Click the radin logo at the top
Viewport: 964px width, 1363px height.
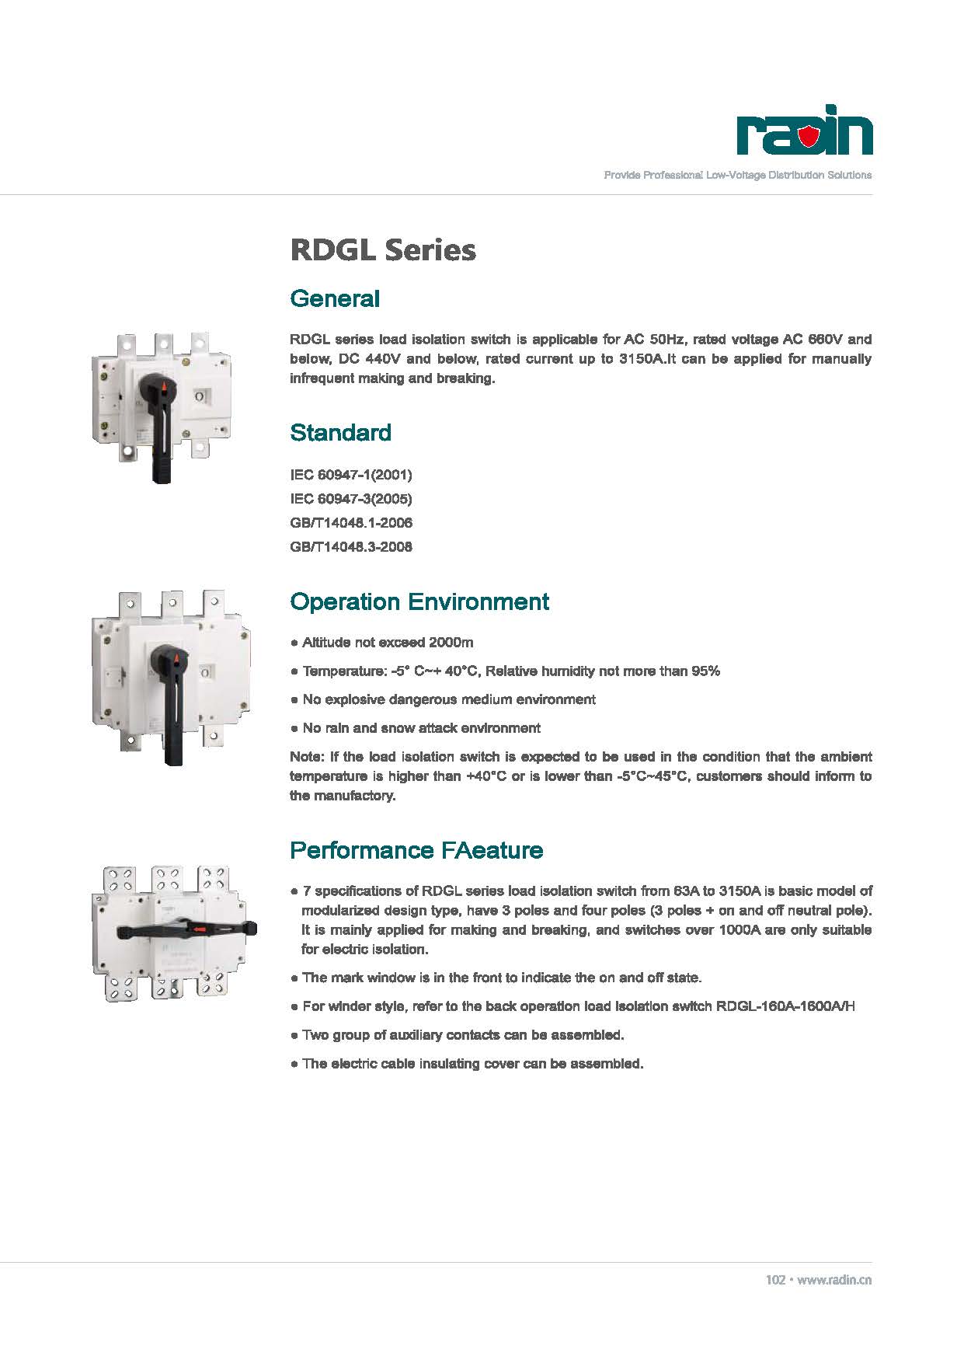point(805,130)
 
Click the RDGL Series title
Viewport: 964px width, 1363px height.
point(383,250)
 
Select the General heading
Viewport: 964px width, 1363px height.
point(335,298)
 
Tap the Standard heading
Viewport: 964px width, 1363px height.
point(341,432)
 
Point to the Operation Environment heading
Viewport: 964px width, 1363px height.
point(419,601)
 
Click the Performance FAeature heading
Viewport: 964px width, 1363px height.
point(416,849)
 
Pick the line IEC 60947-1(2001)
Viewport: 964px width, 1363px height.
point(351,475)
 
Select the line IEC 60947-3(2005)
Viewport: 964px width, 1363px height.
point(351,499)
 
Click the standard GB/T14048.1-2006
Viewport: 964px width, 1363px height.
point(351,523)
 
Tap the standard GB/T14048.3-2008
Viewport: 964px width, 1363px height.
point(351,547)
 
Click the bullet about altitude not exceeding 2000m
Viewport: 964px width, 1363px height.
point(382,643)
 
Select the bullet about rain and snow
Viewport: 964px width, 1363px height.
point(416,728)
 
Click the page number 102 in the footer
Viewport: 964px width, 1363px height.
point(775,1280)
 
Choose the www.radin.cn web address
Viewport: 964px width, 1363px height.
point(834,1280)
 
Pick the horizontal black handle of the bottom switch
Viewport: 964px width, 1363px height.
point(186,930)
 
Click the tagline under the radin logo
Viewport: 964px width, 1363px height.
point(738,175)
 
